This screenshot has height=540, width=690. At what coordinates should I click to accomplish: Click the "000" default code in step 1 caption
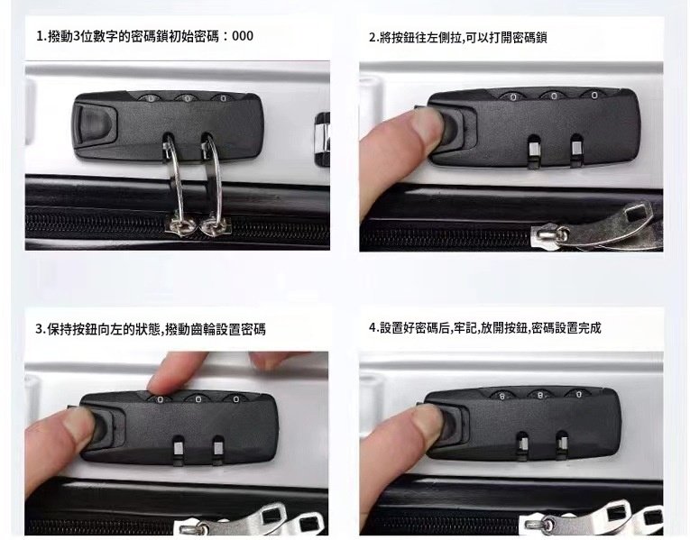coord(243,36)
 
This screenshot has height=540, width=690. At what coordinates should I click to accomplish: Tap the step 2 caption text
coord(457,38)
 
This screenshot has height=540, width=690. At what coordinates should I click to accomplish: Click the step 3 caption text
coord(151,329)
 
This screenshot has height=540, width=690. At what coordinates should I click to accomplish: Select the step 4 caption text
coord(485,328)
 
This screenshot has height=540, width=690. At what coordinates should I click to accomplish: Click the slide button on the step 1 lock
coord(94,124)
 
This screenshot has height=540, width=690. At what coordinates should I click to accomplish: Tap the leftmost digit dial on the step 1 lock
coord(151,98)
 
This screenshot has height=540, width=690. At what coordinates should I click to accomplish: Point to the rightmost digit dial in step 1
coord(223,98)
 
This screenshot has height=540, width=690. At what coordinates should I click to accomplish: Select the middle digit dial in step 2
coord(554,96)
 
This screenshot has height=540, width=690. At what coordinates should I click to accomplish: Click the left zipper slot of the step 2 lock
coord(534,151)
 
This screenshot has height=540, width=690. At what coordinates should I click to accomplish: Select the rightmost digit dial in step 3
coord(236,399)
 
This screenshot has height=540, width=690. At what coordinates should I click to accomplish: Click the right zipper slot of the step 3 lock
coord(218,450)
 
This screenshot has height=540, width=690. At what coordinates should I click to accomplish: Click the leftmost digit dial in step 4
coord(502,396)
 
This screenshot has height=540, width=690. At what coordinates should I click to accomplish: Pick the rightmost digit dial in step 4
coord(579,395)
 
